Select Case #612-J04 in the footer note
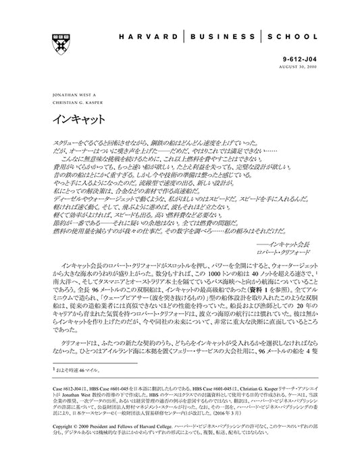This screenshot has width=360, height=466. tap(66, 391)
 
